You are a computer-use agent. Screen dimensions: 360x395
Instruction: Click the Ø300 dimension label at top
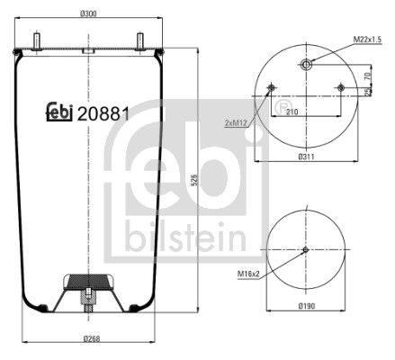[88, 13]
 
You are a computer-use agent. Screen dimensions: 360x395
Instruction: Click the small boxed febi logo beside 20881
[59, 113]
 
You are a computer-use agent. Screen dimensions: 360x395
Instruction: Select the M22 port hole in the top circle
[305, 64]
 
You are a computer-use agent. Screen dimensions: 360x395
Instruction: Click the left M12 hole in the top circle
[272, 87]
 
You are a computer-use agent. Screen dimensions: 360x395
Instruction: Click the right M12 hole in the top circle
[339, 87]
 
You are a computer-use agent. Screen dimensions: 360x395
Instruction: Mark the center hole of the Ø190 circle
[305, 250]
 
